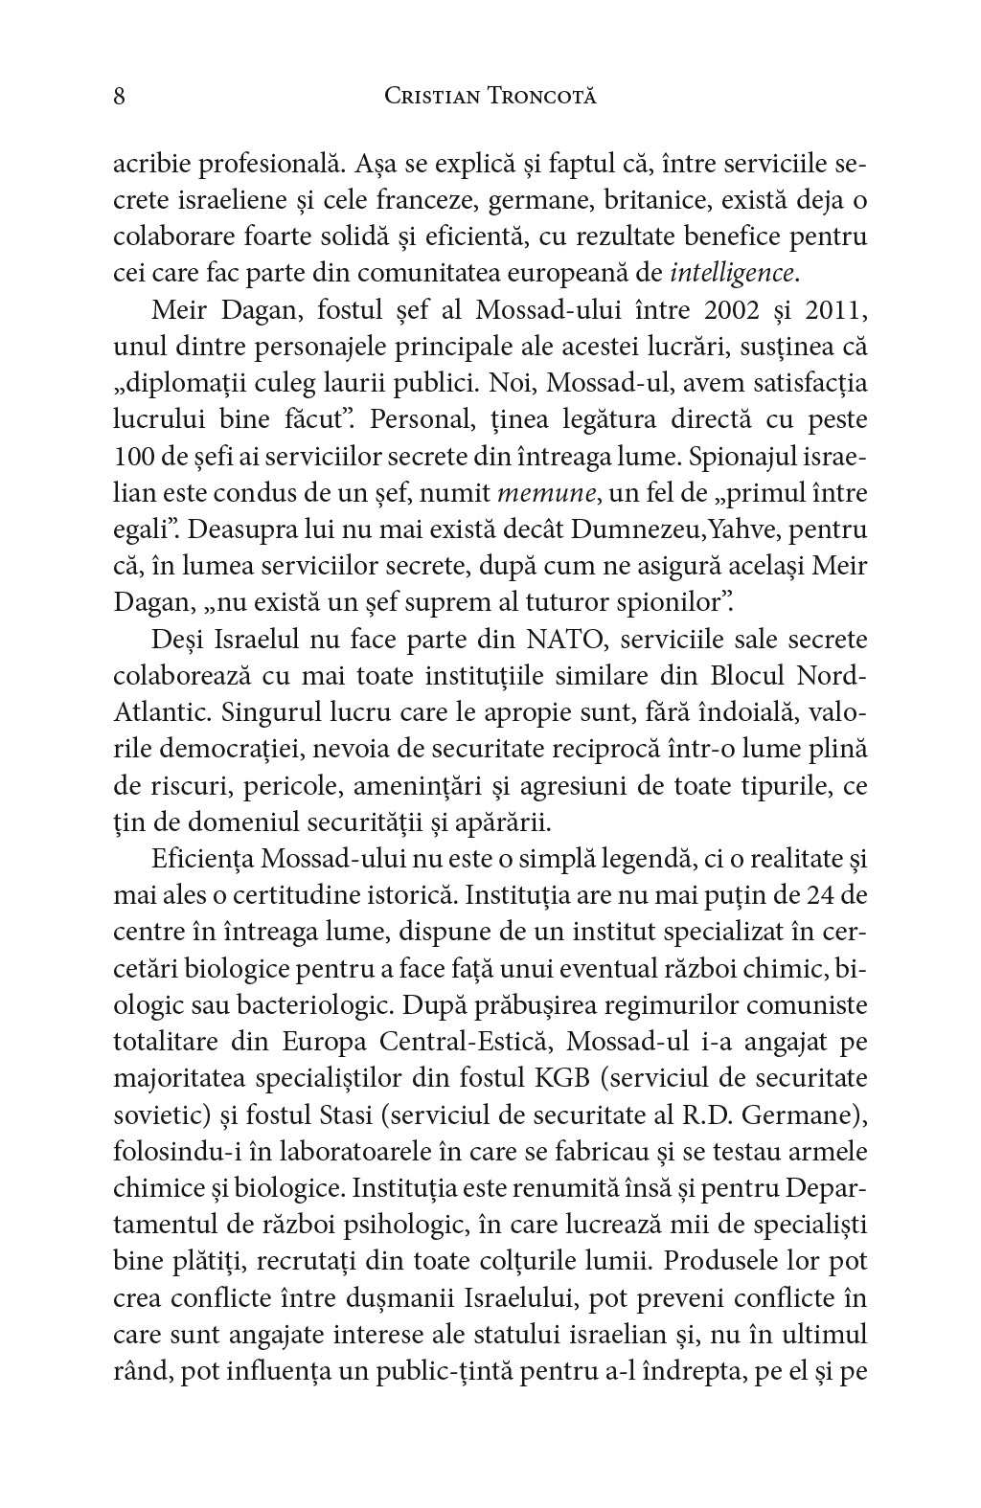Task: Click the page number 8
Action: [120, 97]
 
